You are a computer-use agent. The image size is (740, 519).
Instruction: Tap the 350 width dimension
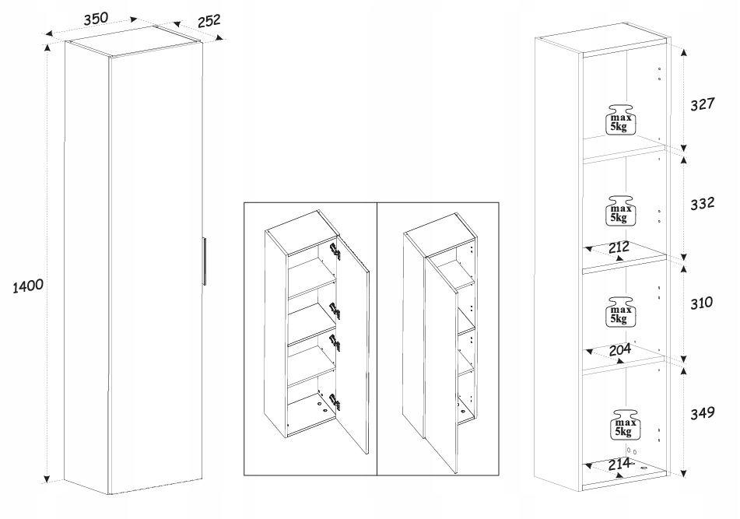(x=96, y=19)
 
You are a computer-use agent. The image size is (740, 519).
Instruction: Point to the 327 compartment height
(x=702, y=103)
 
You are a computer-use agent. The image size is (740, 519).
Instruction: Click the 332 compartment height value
(x=702, y=204)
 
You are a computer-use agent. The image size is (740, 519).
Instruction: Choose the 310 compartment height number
(x=702, y=303)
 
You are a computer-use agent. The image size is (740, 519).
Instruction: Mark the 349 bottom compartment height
(x=702, y=413)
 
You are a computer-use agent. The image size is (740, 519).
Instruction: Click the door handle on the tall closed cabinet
(x=203, y=261)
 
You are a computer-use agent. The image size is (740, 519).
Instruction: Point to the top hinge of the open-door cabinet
(x=335, y=250)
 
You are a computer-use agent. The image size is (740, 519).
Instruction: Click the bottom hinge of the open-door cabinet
(x=336, y=401)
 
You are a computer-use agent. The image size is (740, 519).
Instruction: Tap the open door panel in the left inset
(x=356, y=350)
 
